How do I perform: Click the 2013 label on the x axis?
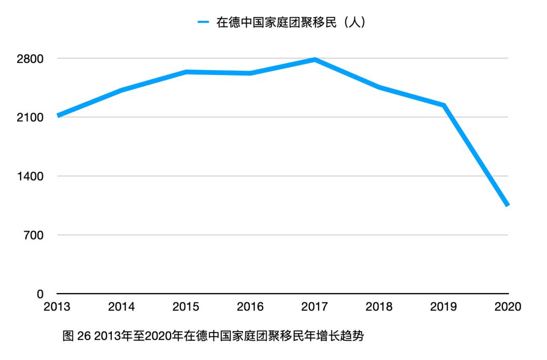tap(57, 307)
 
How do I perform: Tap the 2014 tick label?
tap(122, 307)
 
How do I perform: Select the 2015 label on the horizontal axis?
tap(186, 307)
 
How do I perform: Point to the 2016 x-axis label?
tap(251, 307)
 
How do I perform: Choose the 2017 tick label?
tap(315, 307)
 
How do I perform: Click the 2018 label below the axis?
tap(379, 307)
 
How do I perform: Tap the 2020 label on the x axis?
tap(508, 307)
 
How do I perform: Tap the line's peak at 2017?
tap(315, 60)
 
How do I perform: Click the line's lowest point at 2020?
tap(507, 205)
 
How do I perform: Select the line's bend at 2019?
tap(444, 105)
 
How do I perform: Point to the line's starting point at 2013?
tap(58, 115)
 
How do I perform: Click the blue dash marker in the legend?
tap(203, 23)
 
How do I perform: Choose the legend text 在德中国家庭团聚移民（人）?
tap(291, 23)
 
